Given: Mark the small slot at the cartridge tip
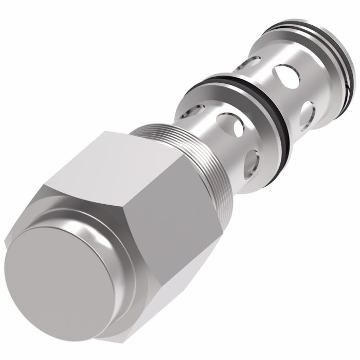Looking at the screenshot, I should point(350,79).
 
